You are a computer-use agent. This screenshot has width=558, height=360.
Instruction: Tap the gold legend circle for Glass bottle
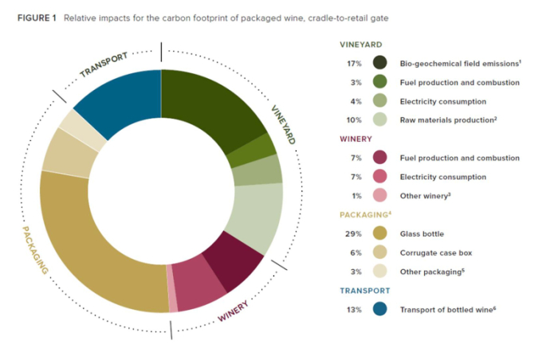pos(380,233)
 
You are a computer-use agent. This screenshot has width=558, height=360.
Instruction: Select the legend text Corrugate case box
pos(438,252)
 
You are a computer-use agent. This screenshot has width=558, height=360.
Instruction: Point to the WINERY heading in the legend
pos(358,139)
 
